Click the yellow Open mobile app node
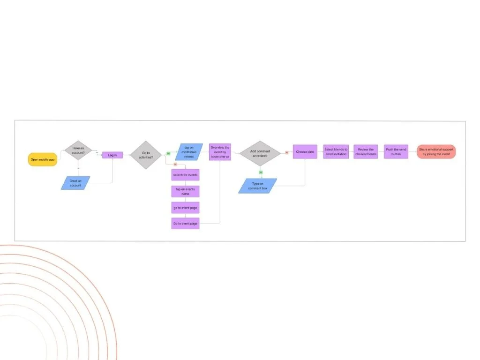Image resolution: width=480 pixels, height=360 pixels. pos(43,159)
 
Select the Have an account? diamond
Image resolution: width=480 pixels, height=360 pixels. pos(78,150)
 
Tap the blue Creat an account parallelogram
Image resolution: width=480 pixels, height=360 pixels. pos(75,183)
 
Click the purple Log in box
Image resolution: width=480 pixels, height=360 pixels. pos(112,155)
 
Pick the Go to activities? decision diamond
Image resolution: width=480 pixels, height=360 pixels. pos(145,155)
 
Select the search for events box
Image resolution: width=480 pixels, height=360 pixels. pos(185,175)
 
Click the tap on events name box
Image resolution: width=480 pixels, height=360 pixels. pos(185,191)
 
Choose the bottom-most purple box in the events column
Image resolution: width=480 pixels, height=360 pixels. pos(185,224)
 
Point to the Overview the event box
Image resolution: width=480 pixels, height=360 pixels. pos(220,152)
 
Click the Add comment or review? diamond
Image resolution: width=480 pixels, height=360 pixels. pos(260,153)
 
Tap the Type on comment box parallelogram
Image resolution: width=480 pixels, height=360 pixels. pos(257,186)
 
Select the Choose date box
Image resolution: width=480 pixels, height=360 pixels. pos(305,151)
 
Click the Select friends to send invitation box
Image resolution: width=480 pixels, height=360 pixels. pos(336,151)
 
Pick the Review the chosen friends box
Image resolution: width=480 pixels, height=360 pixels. pos(366,151)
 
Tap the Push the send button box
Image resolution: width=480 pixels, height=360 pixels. pos(396,151)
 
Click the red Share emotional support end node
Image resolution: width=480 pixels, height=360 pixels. pos(436,151)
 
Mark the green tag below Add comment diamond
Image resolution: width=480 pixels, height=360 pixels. pos(261,172)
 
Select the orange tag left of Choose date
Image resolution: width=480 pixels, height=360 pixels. pos(286,152)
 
